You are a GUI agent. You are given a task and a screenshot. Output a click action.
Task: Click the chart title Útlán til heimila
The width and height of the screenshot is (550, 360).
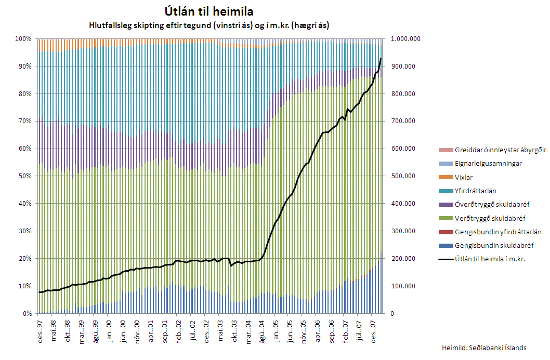[x=208, y=11]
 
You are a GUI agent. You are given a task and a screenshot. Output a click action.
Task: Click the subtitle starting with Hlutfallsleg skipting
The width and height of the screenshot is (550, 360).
[x=208, y=25]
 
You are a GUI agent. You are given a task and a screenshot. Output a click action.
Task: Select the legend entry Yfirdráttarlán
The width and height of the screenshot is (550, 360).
[x=475, y=191]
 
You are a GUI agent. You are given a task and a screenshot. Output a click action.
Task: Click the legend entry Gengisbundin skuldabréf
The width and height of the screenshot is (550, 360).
[x=487, y=245]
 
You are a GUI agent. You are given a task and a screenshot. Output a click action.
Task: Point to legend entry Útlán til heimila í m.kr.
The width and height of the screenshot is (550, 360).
[x=489, y=259]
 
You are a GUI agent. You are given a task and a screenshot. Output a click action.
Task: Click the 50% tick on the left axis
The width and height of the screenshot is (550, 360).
[x=24, y=176]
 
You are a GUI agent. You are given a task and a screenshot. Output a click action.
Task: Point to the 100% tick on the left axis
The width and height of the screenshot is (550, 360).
[x=23, y=39]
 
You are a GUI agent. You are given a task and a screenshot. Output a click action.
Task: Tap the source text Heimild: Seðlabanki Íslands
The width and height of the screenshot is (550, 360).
[x=483, y=348]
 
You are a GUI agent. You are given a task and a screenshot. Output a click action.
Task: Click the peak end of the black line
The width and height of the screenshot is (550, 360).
[x=381, y=59]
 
